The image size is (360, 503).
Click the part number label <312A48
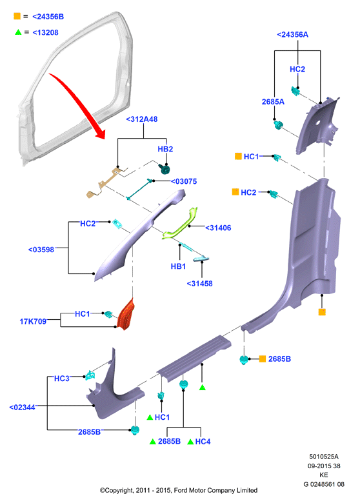142,119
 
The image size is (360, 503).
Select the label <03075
184,182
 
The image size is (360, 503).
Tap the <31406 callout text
218,228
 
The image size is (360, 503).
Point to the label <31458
199,284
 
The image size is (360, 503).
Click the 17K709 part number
33,321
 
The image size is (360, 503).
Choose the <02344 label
22,408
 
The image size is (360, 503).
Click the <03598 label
41,250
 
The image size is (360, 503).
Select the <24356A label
293,35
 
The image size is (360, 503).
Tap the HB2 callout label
165,149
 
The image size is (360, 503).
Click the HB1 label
179,266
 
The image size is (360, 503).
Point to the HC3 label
61,379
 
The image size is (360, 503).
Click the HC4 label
203,442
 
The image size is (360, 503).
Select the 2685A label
273,102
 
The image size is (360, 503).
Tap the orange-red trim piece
126,315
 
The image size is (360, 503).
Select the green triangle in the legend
18,32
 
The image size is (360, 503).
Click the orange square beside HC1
238,156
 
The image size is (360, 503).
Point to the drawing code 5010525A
324,457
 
